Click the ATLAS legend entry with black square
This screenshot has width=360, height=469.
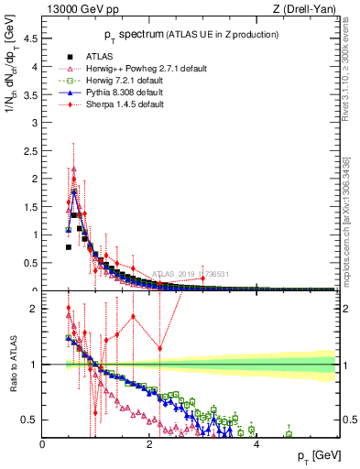(86, 57)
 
